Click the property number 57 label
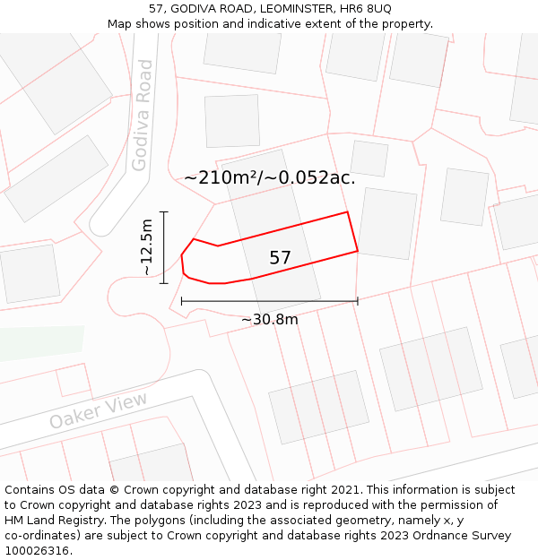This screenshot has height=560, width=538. coord(280,258)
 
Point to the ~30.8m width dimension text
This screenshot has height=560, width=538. coord(269,319)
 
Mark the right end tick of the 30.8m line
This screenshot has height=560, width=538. coord(358,301)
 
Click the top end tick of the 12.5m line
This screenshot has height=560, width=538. coord(163,211)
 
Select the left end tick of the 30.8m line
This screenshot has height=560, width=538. coord(182,301)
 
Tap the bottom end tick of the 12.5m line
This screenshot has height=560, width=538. coord(163,283)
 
